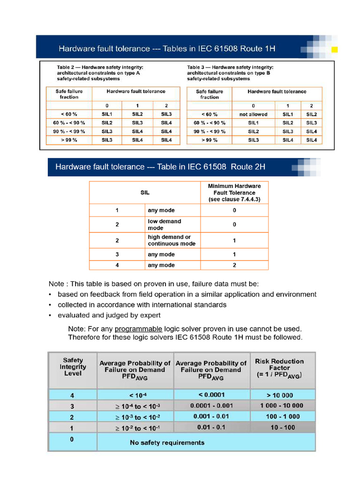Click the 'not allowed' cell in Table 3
(253, 114)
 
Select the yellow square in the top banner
(335, 49)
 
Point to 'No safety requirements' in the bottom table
(167, 442)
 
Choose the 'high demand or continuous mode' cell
(172, 240)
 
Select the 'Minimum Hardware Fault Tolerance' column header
(234, 193)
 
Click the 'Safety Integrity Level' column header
(73, 367)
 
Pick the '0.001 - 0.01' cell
(211, 416)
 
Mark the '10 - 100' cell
(283, 427)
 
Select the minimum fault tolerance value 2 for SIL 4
(234, 265)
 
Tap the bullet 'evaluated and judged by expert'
(109, 315)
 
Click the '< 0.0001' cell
(211, 395)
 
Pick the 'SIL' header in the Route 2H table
(145, 193)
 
